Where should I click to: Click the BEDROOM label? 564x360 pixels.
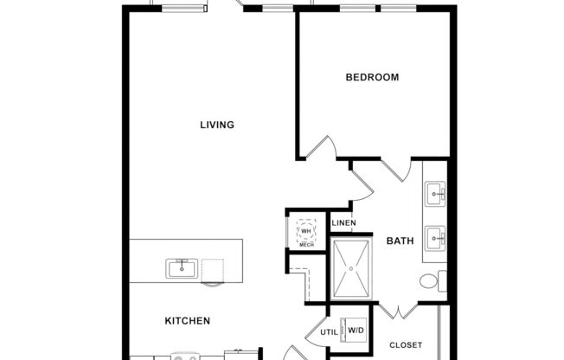(x=372, y=78)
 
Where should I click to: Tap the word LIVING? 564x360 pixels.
(x=217, y=125)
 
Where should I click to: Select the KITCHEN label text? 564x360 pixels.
(x=188, y=321)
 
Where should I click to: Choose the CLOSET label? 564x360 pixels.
(x=406, y=345)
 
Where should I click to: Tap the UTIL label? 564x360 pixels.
(x=329, y=331)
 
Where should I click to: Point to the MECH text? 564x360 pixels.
(x=306, y=246)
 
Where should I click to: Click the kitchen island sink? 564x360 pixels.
(x=183, y=268)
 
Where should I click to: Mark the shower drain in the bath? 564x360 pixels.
(x=351, y=268)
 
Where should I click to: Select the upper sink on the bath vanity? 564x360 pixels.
(x=435, y=191)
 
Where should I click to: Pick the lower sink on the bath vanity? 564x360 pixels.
(x=435, y=235)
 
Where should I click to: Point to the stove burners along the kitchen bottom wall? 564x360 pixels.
(x=183, y=356)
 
